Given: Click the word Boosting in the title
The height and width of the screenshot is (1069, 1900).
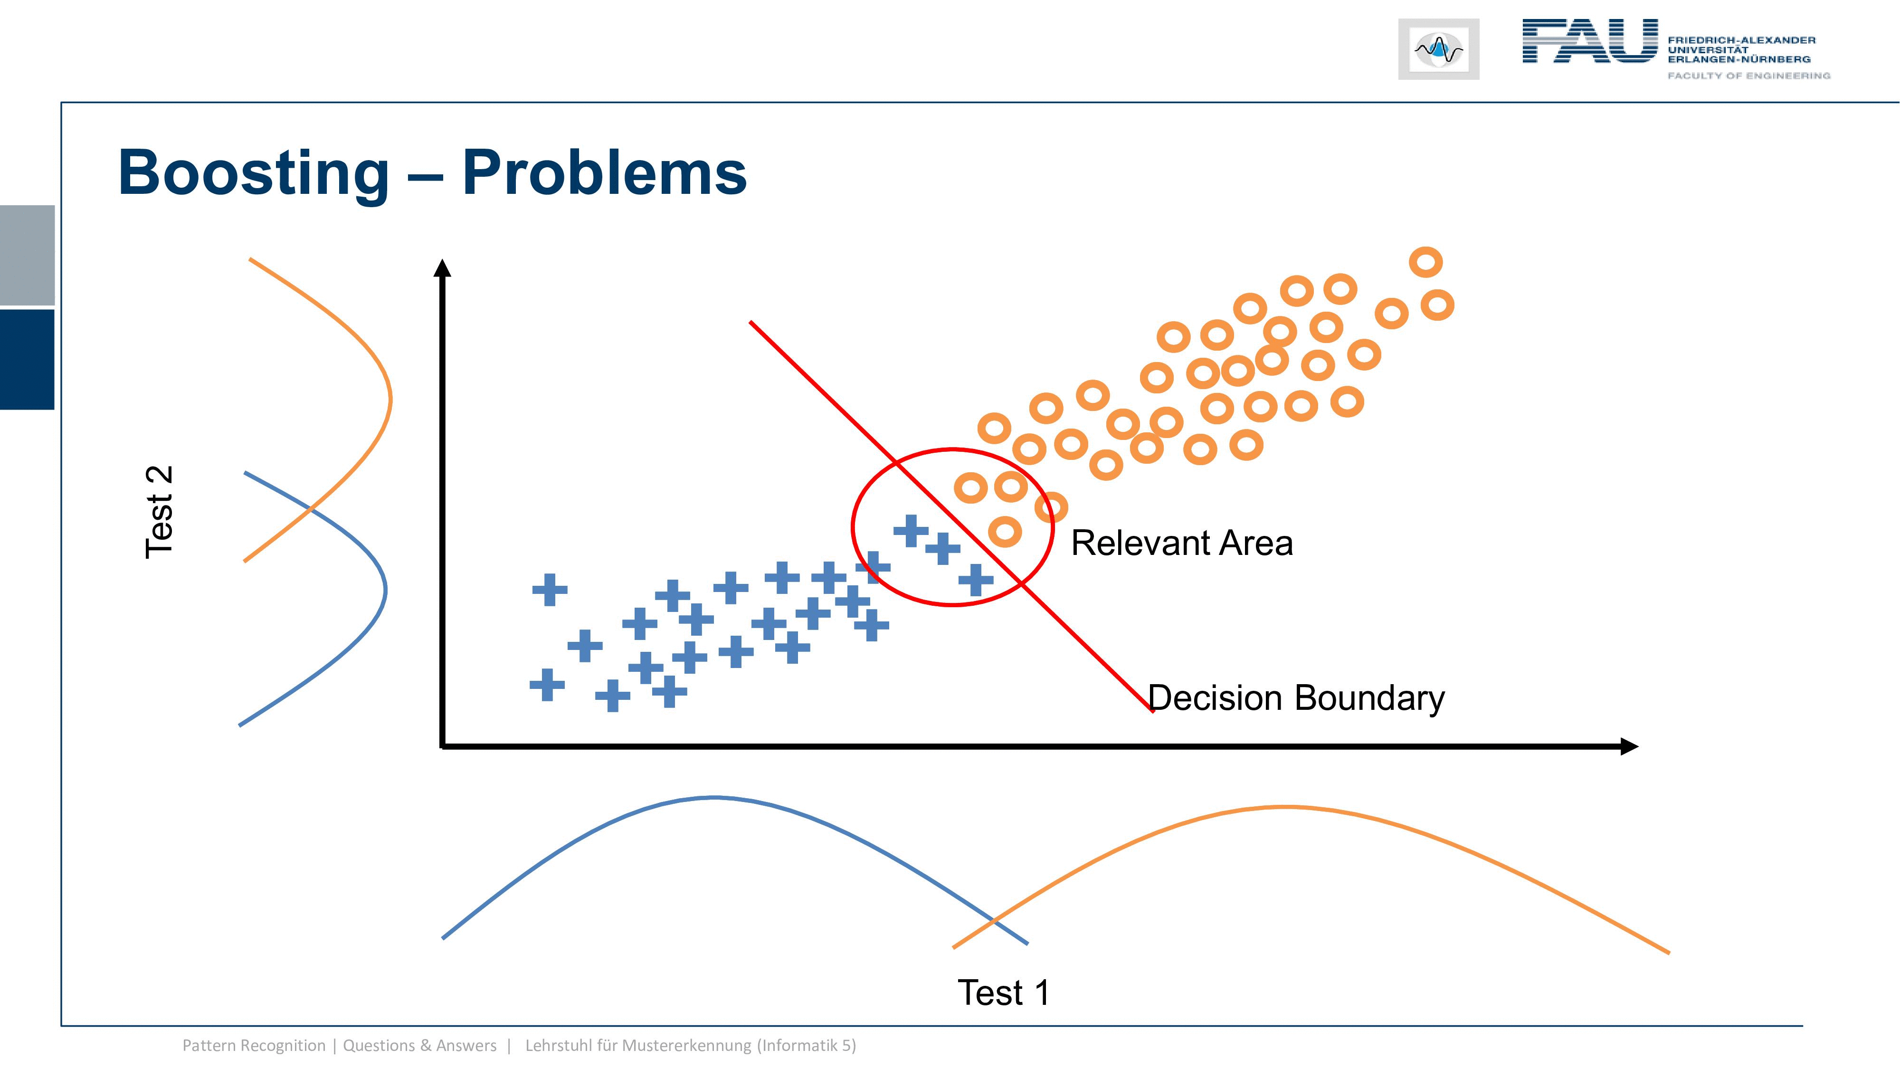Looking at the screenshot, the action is [x=253, y=174].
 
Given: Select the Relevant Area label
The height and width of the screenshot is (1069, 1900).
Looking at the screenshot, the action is [x=1182, y=543].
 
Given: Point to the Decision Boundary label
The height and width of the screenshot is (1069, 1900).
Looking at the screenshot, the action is [x=1296, y=698].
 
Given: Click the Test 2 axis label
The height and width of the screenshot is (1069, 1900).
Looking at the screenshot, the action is [x=159, y=512].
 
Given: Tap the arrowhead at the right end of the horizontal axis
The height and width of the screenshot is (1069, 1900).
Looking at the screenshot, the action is [x=1629, y=746].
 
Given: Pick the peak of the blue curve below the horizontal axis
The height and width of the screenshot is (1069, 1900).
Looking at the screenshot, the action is [x=714, y=798].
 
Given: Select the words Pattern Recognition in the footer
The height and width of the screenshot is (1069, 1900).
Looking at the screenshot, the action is [x=254, y=1045].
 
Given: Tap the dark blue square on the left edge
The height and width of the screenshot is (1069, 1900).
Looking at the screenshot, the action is [x=27, y=359].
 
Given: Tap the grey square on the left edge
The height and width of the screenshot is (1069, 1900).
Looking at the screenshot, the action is [x=27, y=255].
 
